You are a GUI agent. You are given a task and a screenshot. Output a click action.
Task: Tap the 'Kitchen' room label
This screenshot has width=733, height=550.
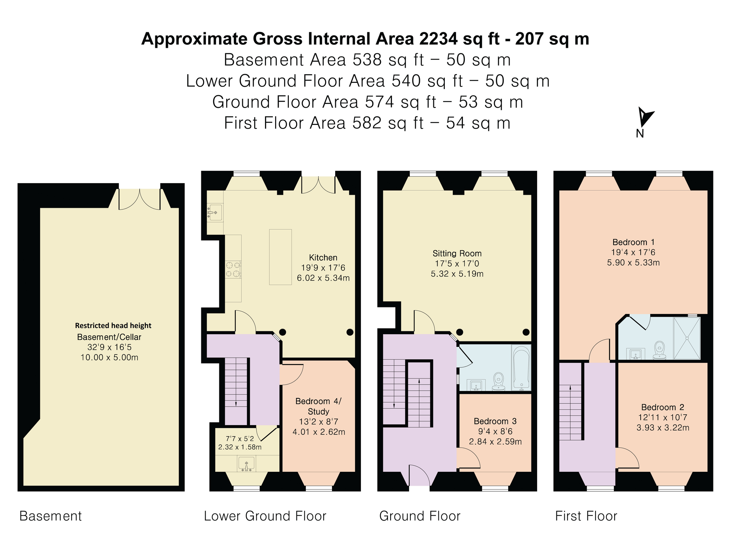(323, 257)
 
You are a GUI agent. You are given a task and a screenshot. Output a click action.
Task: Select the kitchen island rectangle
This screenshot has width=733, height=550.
(280, 257)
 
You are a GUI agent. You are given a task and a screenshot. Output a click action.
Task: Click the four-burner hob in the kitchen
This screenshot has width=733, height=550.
(233, 269)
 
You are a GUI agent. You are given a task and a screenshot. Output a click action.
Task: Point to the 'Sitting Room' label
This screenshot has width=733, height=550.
(457, 253)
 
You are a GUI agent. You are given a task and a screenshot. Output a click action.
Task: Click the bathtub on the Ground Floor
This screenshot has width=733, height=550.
(521, 368)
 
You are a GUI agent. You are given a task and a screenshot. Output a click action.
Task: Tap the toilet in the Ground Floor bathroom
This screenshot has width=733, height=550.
(498, 382)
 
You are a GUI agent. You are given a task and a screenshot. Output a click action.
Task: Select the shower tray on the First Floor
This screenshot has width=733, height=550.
(687, 338)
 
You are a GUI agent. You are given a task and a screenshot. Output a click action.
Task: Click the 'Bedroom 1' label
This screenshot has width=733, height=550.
(633, 242)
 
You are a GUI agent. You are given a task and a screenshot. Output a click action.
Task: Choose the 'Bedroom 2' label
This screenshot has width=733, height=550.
(663, 407)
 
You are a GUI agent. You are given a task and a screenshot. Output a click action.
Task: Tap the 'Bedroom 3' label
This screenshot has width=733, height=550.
(495, 421)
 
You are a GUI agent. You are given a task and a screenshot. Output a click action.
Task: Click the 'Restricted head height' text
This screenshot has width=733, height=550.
(113, 326)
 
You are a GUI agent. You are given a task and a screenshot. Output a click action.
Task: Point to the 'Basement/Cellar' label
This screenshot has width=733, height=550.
(109, 337)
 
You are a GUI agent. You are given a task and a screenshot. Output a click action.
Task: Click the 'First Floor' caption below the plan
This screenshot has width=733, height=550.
(586, 516)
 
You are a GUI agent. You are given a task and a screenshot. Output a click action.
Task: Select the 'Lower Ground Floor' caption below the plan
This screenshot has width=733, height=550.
(265, 516)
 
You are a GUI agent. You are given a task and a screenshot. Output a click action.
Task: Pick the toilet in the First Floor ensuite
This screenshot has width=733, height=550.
(660, 350)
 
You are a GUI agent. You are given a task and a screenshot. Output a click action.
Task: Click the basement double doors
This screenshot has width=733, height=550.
(140, 199)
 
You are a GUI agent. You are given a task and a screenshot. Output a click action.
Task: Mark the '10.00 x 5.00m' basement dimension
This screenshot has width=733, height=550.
(109, 357)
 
